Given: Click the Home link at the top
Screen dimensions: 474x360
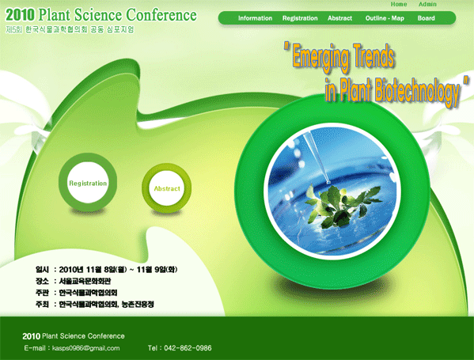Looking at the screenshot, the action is (x=398, y=4).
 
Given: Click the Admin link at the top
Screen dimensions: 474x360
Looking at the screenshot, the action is (x=427, y=4).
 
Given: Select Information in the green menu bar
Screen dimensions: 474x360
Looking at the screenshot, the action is (x=255, y=18).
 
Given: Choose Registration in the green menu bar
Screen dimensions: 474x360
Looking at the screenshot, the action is (x=300, y=18).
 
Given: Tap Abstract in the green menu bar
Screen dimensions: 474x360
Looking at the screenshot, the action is (x=339, y=18).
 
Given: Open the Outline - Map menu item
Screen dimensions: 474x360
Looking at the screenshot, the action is (x=385, y=18).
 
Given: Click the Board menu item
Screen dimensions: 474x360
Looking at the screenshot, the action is (x=426, y=18).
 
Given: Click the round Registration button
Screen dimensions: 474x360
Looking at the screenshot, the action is (x=88, y=182).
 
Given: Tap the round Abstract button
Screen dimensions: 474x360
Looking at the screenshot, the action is (x=166, y=188).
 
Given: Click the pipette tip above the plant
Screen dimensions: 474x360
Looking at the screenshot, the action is (x=328, y=182).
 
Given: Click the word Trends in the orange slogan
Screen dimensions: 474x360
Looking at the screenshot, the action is (x=374, y=55).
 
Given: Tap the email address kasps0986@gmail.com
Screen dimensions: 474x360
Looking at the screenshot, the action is (x=85, y=348).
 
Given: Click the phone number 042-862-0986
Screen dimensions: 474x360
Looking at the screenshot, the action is (x=188, y=348).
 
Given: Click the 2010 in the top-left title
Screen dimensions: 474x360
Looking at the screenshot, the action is (x=21, y=15).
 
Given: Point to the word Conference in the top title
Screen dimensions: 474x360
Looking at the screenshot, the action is (x=161, y=15).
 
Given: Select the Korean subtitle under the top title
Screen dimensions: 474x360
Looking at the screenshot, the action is (x=70, y=29).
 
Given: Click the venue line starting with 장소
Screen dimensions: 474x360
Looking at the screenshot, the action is (x=73, y=281).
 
